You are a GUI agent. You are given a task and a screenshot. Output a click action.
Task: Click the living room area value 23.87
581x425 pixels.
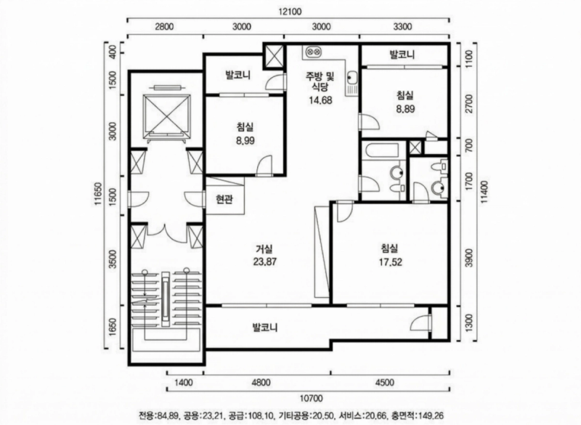coord(265,262)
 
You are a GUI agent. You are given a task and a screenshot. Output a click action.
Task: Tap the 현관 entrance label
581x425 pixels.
coord(224,200)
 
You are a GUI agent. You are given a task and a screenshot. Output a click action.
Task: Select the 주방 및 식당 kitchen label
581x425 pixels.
coord(320,81)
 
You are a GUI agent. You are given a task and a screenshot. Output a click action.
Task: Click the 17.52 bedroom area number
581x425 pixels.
coord(390,262)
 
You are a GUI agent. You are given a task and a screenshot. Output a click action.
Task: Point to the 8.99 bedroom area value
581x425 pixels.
coord(245,140)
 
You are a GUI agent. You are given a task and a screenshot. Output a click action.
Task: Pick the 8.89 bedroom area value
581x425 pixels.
coord(405,109)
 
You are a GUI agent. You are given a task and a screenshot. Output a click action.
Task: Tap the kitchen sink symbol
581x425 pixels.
coord(352,78)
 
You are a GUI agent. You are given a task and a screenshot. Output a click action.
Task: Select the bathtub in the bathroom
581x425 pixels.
coord(382,151)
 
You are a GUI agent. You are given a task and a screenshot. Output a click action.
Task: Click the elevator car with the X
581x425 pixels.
coord(167,114)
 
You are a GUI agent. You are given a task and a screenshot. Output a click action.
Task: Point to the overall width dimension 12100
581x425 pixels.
coord(290,12)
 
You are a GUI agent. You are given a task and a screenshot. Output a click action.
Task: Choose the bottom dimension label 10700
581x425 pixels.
coord(311,398)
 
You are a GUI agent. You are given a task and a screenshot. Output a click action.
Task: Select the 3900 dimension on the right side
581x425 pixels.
coord(469,258)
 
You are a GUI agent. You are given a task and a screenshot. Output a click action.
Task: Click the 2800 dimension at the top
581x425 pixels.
coord(164,26)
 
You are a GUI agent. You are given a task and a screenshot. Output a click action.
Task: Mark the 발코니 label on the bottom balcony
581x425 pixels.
coord(265,328)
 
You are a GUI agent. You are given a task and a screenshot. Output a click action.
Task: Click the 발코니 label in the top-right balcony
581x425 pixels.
coord(402,54)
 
